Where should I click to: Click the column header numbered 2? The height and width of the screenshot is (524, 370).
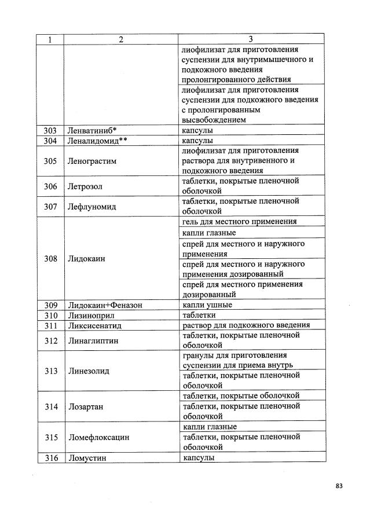121,39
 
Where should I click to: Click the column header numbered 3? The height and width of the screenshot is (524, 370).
251,39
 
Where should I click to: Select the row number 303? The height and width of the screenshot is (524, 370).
50,131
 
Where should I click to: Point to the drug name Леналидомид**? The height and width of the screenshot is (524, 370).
94,141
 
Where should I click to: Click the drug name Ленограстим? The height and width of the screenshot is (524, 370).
92,161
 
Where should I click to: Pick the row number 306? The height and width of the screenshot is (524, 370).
50,186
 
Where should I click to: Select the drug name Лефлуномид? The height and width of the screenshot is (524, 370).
91,206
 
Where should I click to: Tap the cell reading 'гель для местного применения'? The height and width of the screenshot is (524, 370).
239,222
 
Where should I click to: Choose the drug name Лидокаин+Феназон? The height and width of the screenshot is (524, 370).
105,305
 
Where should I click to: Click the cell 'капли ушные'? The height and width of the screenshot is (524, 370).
207,305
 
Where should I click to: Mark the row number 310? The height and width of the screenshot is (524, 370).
50,315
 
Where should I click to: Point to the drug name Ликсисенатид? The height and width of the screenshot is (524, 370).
94,325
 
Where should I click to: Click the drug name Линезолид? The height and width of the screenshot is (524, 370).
89,371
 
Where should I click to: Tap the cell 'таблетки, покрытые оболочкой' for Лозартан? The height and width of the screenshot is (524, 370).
240,395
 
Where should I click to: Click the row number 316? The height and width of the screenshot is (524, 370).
50,457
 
